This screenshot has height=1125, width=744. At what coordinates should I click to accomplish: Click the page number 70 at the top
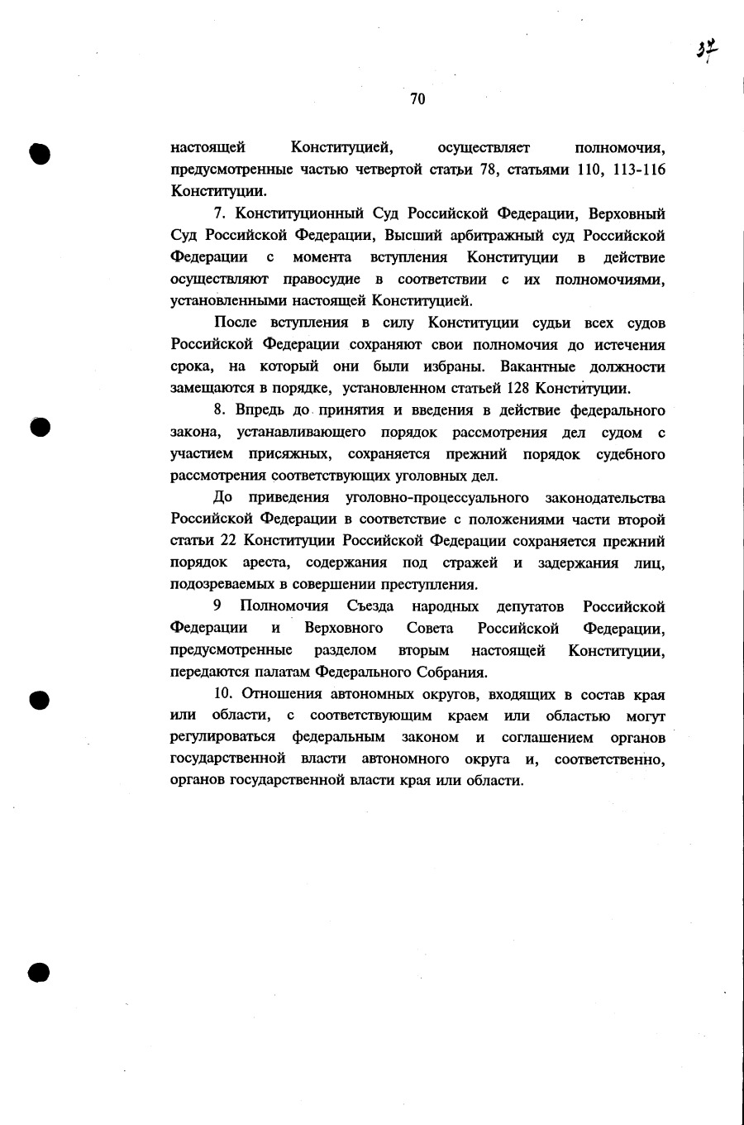pyautogui.click(x=417, y=99)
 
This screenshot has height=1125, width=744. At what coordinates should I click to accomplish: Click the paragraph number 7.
pyautogui.click(x=218, y=214)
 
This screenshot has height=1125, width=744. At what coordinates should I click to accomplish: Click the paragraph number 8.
pyautogui.click(x=219, y=410)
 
